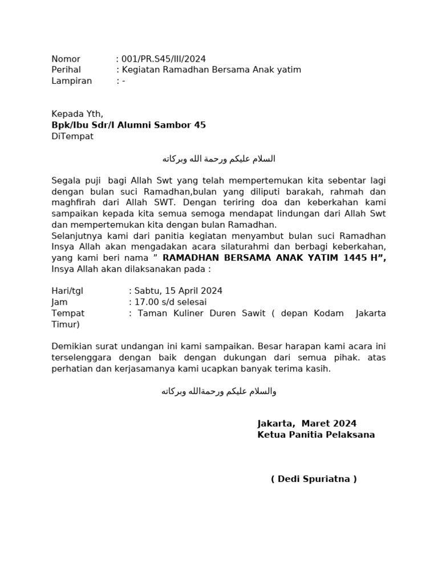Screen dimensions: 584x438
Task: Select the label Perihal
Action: pyautogui.click(x=66, y=70)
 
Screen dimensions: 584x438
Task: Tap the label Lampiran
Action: pyautogui.click(x=71, y=80)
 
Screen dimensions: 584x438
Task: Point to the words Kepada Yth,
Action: pyautogui.click(x=77, y=113)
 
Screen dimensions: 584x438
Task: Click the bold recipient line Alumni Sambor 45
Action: pyautogui.click(x=128, y=125)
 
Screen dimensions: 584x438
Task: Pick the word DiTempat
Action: pyautogui.click(x=72, y=136)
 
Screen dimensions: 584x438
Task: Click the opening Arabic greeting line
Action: pyautogui.click(x=218, y=159)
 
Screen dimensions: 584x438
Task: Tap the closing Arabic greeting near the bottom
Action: pyautogui.click(x=218, y=391)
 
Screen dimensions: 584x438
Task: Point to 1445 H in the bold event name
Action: pyautogui.click(x=363, y=258)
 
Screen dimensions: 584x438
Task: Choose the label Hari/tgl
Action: pyautogui.click(x=67, y=291)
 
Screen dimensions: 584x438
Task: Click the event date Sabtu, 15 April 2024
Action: pyautogui.click(x=178, y=291)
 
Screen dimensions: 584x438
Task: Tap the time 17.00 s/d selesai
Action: pyautogui.click(x=170, y=302)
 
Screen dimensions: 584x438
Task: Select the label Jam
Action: pyautogui.click(x=59, y=302)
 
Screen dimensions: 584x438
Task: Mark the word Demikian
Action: pyautogui.click(x=71, y=346)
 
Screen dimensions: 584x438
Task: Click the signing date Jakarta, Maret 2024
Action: pyautogui.click(x=307, y=423)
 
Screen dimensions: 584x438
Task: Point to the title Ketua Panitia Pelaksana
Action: pyautogui.click(x=316, y=435)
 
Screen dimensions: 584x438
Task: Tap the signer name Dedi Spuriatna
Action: pyautogui.click(x=314, y=478)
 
